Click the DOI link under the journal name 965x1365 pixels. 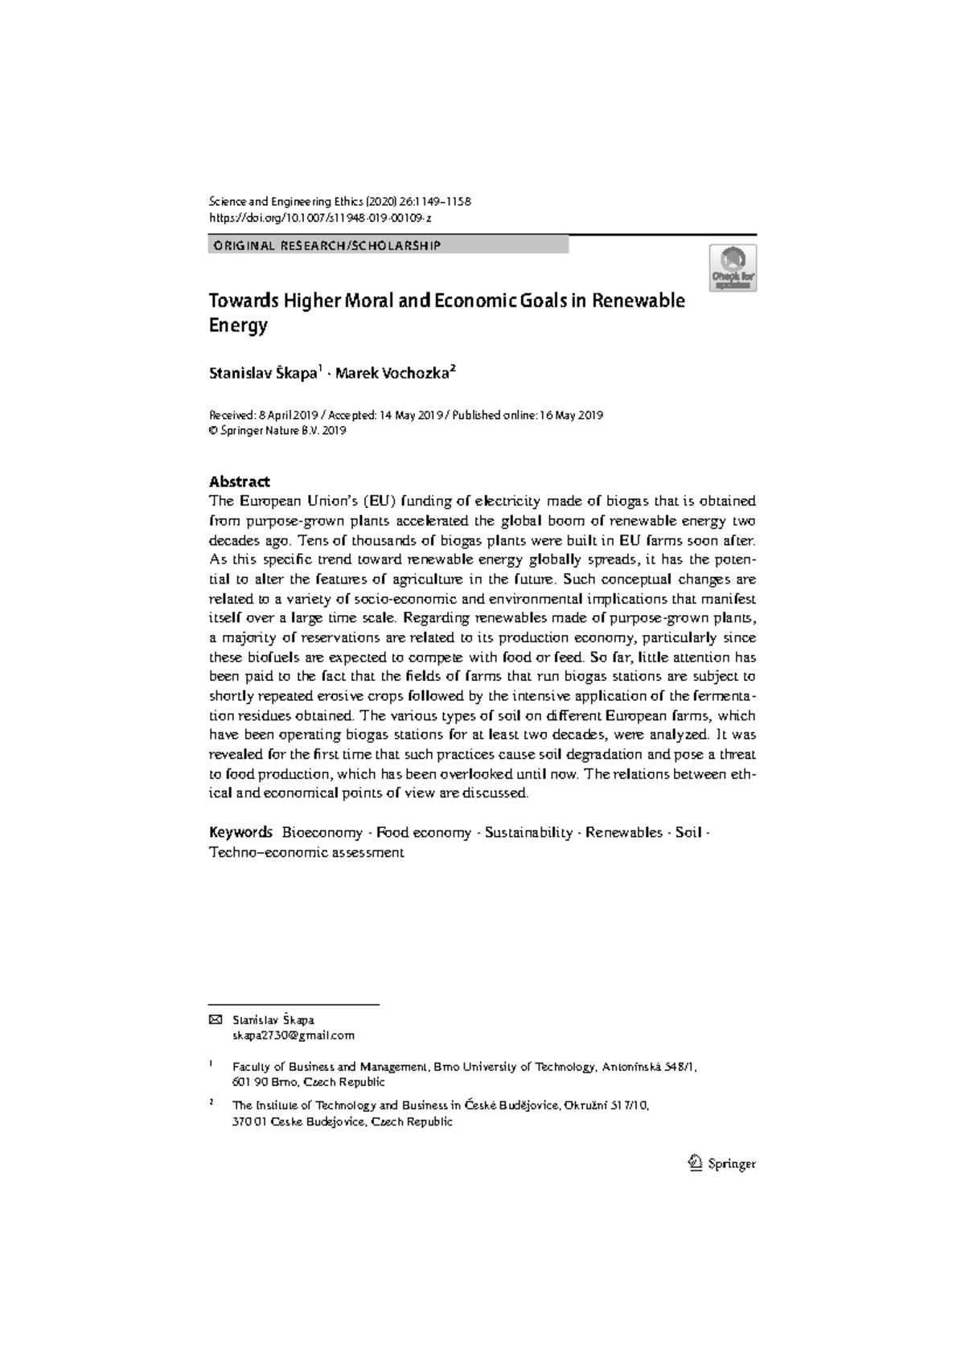pos(321,218)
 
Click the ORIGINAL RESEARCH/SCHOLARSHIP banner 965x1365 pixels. pos(326,245)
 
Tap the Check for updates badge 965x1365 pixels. pos(732,268)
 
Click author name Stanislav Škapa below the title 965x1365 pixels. pos(263,373)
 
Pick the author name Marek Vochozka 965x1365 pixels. pos(393,373)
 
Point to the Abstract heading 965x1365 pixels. pos(239,482)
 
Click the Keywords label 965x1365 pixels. pos(240,833)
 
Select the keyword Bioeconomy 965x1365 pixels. pos(322,833)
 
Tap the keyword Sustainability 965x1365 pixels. pos(528,833)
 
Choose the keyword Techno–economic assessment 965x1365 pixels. pos(306,852)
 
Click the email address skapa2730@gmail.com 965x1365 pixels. pos(293,1035)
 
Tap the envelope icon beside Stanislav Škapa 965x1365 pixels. pos(215,1019)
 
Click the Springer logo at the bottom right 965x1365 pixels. pos(723,1163)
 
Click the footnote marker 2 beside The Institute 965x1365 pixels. pos(211,1103)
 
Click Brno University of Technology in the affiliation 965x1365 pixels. pos(515,1067)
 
